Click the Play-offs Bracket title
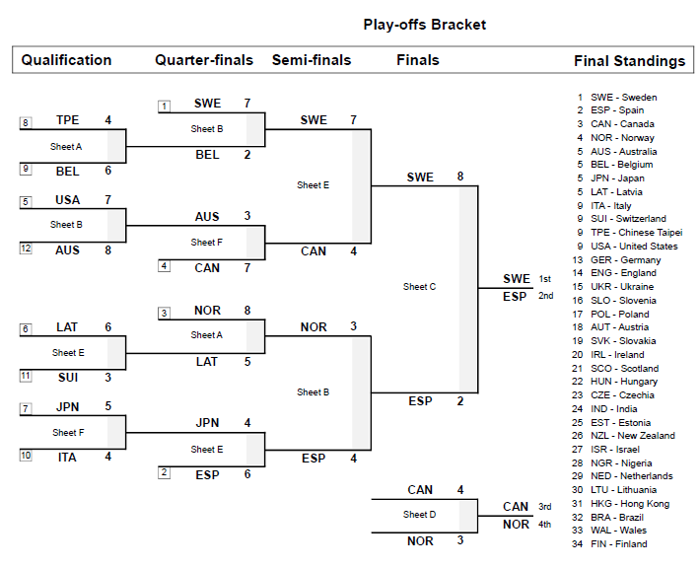424,25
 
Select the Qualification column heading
66,60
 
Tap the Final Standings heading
629,61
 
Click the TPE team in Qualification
68,120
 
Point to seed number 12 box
26,249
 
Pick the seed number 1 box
164,106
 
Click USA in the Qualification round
68,200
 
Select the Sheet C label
419,287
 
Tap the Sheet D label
418,515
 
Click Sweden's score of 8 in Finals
460,177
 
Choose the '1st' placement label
544,279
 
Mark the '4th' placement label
544,525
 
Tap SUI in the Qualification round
67,377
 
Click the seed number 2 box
164,473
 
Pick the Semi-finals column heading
312,60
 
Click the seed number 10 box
26,457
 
